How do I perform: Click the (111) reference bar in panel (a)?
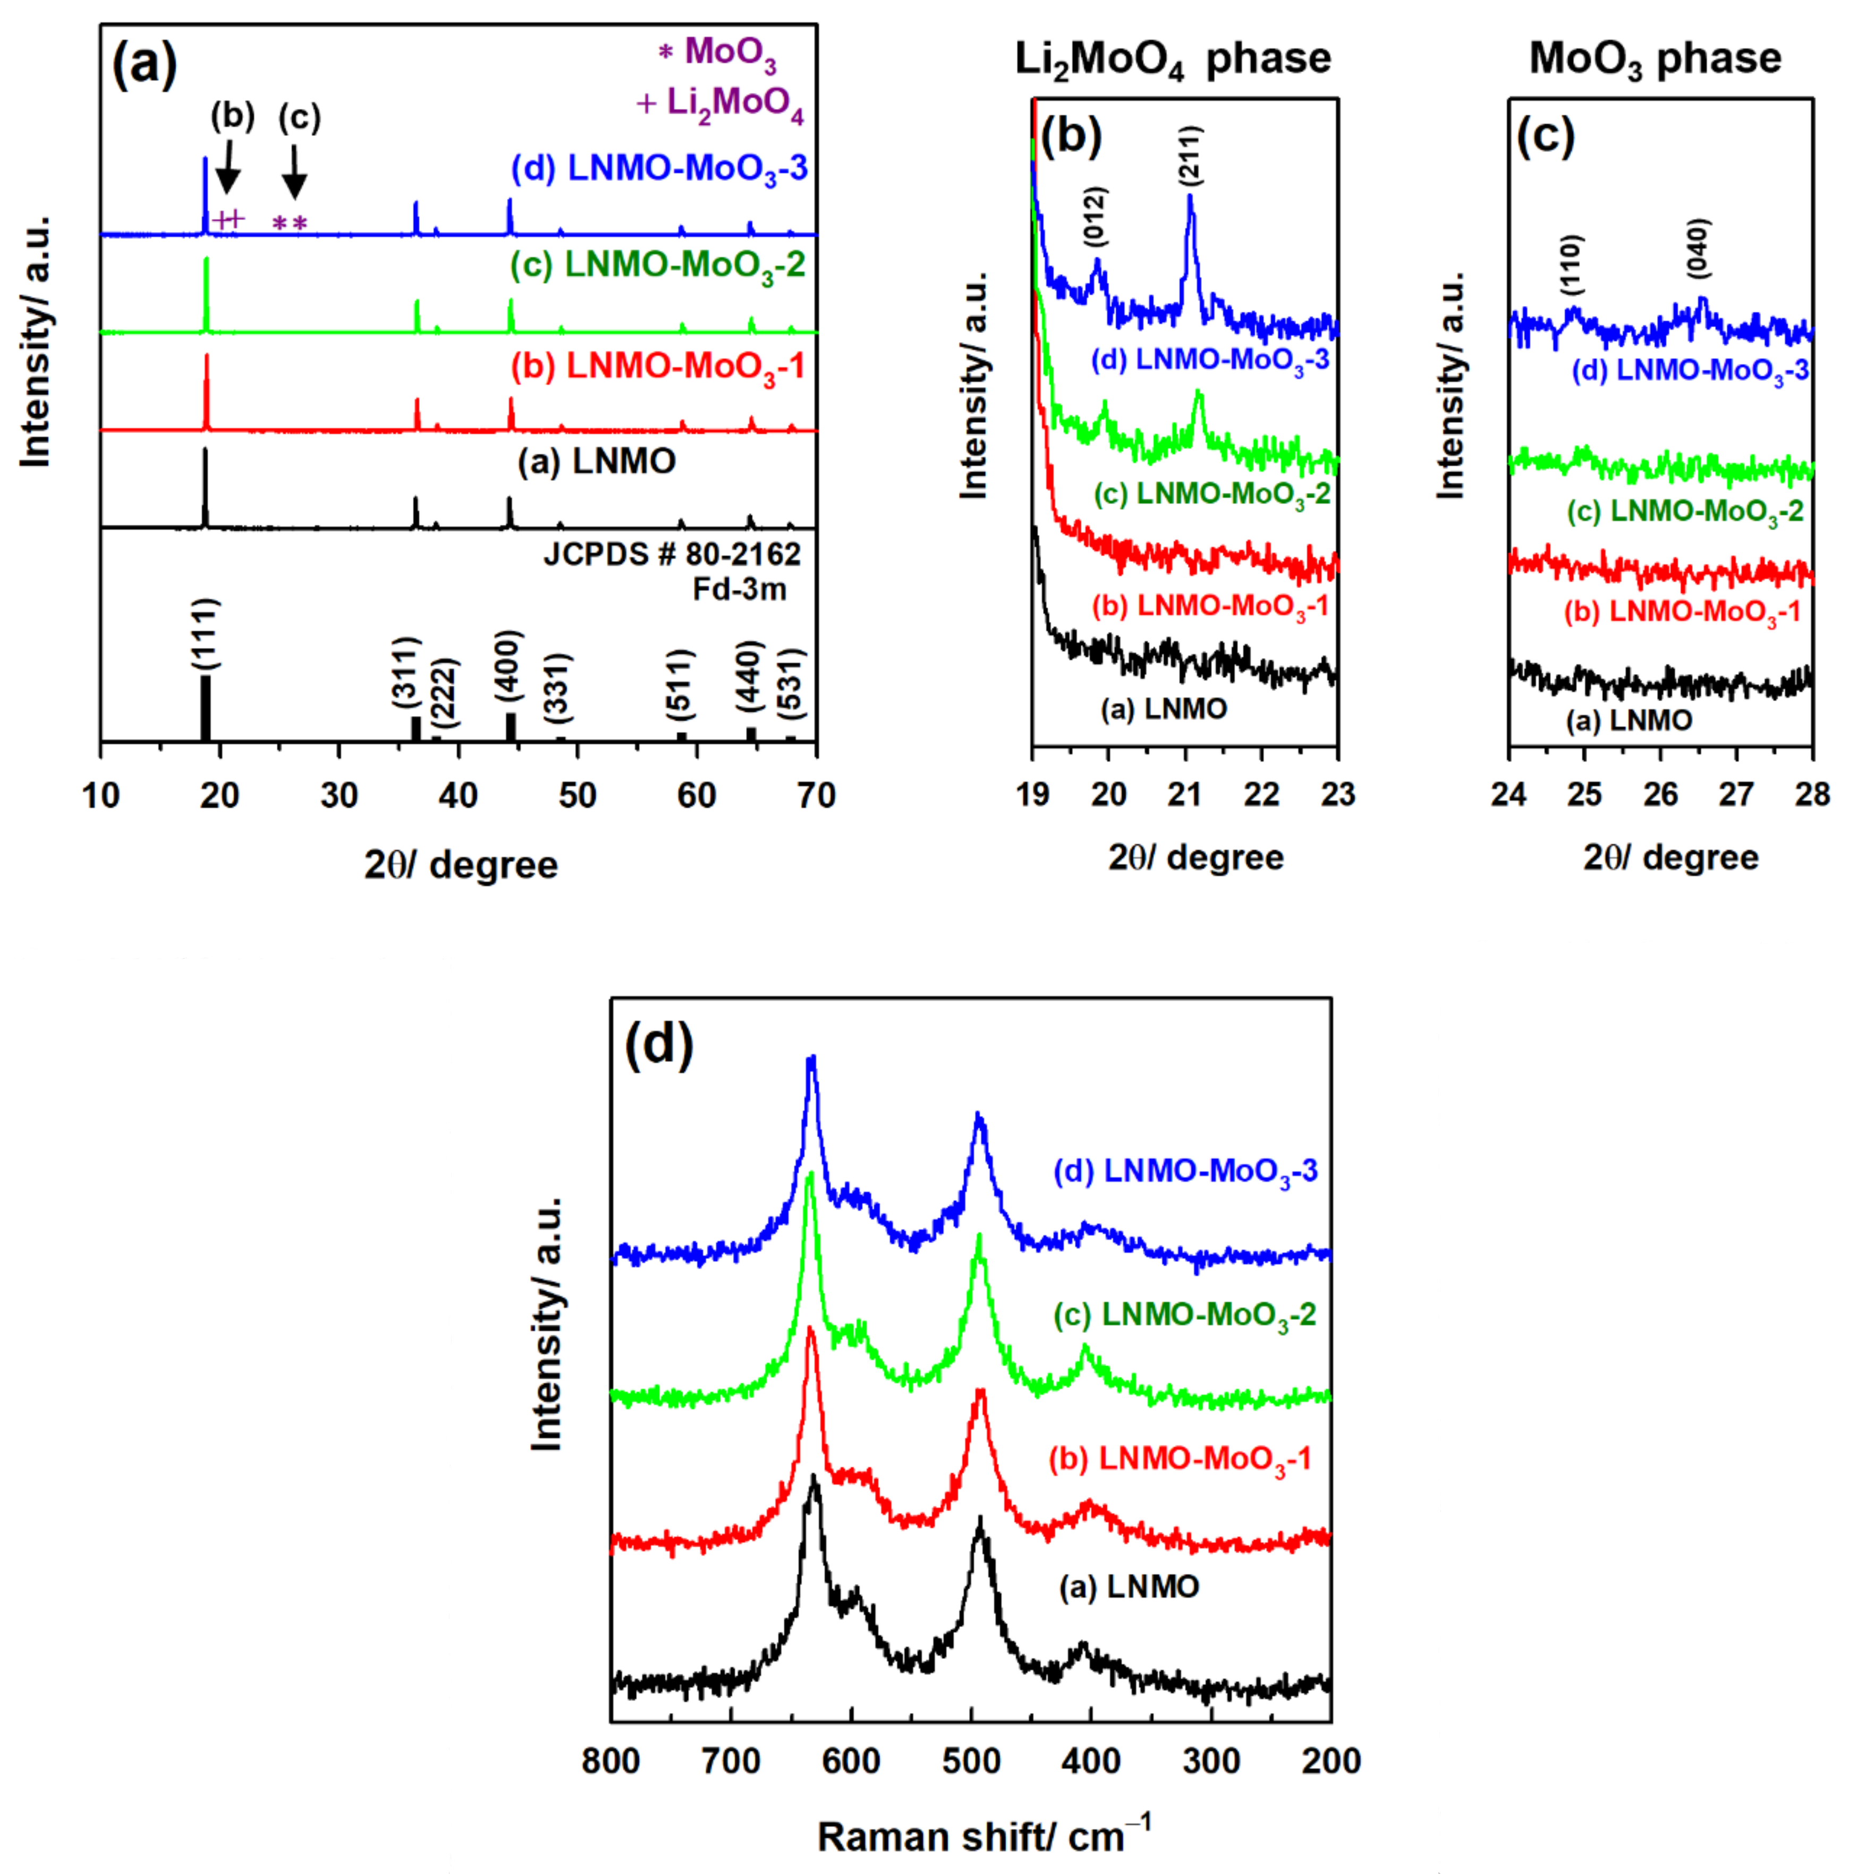coord(205,708)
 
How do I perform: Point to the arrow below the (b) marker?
coord(227,167)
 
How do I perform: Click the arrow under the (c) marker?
coord(294,172)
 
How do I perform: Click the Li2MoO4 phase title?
coord(1172,60)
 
